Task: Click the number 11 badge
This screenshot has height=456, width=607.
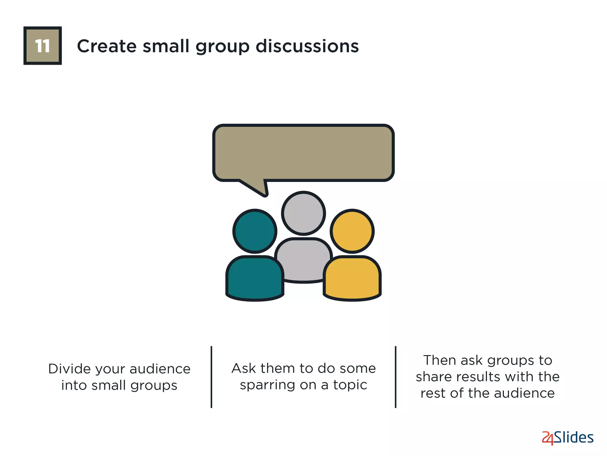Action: coord(42,46)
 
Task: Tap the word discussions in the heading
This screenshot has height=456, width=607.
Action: coord(307,46)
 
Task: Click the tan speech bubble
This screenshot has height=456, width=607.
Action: coord(303,153)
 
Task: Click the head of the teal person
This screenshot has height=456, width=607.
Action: coord(255,231)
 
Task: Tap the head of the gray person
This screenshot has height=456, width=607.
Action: coord(303,213)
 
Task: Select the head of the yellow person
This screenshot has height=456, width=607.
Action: coord(352,231)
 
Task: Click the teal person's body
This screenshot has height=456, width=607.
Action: coord(255,278)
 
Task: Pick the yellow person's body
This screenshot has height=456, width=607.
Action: coord(352,278)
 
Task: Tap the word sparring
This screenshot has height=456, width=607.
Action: coord(267,385)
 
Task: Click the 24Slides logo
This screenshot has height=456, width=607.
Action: coord(567,438)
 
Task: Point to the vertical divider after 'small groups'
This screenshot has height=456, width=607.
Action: coord(211,377)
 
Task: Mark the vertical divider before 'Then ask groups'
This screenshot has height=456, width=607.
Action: coord(395,377)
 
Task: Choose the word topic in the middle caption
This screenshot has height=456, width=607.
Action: coord(350,385)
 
